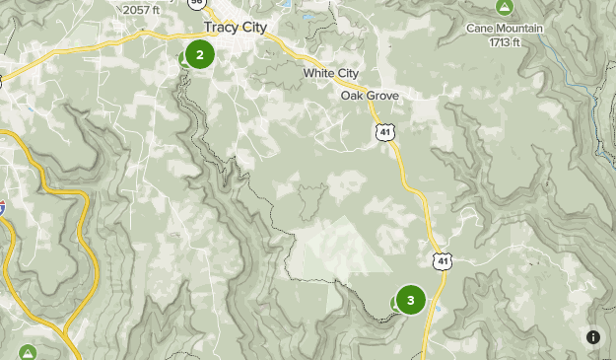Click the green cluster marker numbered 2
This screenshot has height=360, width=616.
[200, 54]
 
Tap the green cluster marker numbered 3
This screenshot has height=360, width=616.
[410, 300]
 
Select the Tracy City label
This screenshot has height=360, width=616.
[235, 27]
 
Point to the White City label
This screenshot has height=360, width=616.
[331, 74]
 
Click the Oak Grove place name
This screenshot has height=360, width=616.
[370, 96]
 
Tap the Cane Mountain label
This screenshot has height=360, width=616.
[505, 29]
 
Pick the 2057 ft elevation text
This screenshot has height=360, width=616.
[141, 10]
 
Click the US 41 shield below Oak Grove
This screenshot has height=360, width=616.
[382, 131]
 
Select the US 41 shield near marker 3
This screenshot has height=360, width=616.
[443, 260]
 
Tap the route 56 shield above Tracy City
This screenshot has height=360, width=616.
[196, 3]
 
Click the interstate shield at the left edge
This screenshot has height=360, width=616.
[2, 207]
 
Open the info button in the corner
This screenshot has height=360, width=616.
[593, 337]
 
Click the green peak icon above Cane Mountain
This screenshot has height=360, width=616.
[505, 8]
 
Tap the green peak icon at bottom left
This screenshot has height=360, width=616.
[28, 352]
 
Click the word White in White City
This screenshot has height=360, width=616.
[319, 74]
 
